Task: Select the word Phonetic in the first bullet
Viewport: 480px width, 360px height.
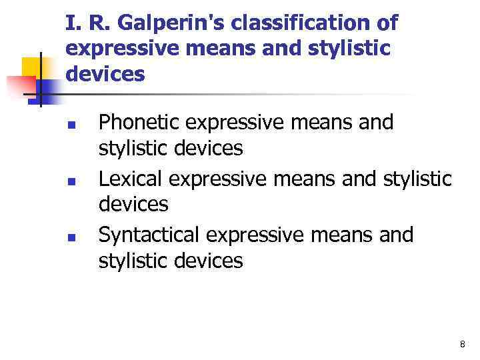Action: (x=140, y=123)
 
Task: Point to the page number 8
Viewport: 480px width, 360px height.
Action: (x=463, y=344)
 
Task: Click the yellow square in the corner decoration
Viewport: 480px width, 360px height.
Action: (x=33, y=67)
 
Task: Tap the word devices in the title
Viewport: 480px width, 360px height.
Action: (x=105, y=74)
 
